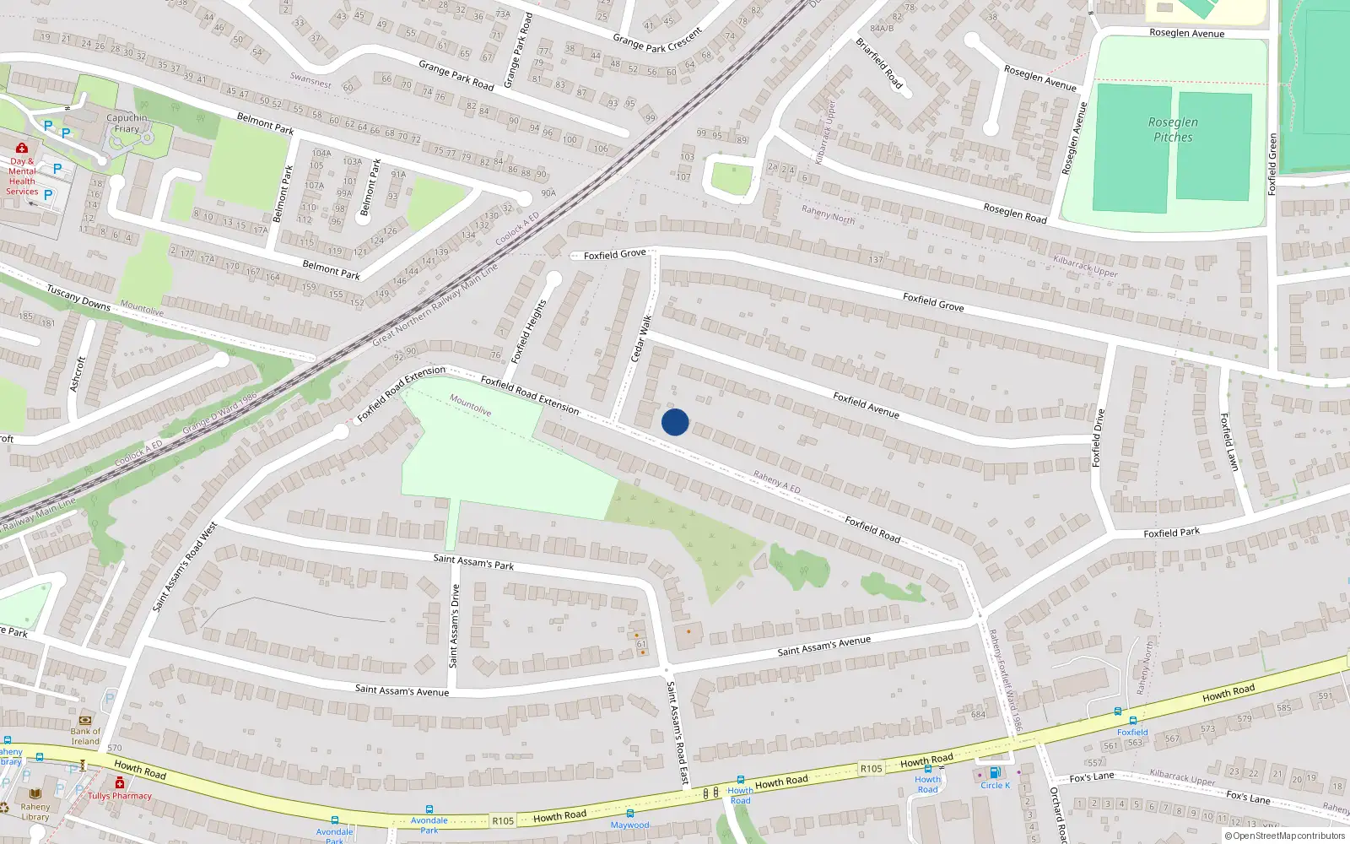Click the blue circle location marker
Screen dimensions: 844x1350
675,422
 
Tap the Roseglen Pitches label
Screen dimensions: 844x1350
1173,129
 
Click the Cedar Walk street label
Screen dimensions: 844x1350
642,338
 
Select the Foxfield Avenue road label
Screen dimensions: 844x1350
866,405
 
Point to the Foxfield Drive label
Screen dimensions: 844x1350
1098,438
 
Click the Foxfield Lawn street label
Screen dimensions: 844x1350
1229,441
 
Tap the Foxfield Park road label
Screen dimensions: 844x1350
1171,533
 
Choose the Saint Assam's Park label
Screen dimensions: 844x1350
472,562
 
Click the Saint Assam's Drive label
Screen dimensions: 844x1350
455,625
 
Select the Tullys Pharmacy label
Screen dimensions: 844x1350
120,796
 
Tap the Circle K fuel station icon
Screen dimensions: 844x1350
995,772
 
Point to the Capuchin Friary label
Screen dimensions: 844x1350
127,123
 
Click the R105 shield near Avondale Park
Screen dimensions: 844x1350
503,820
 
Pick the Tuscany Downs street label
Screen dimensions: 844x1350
78,297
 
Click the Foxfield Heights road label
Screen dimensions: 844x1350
529,331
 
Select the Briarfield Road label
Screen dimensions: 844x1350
879,63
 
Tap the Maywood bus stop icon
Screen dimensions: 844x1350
629,814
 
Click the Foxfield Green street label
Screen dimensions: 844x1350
1272,165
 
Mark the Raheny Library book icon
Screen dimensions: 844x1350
35,794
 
